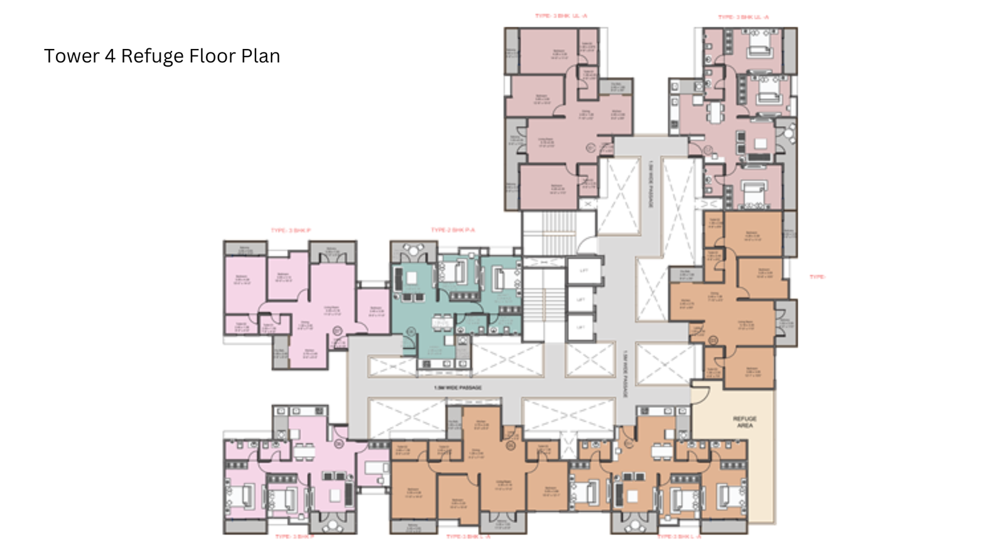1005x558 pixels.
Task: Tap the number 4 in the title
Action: tap(110, 56)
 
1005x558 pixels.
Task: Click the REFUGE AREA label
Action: tap(744, 422)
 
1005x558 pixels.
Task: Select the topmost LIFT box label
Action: tap(584, 271)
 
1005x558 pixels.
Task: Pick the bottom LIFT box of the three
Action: tap(581, 327)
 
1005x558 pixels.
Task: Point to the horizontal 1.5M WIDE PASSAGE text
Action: tap(457, 387)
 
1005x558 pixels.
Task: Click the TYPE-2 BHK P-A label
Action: tap(452, 230)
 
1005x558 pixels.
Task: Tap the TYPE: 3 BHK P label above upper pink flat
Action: tap(290, 230)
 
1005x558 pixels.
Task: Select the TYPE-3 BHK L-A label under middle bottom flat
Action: tap(468, 537)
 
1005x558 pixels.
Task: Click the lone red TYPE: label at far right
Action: tap(817, 276)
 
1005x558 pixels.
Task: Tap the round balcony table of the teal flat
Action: tap(413, 249)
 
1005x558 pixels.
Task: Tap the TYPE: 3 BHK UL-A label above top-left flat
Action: tap(561, 16)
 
